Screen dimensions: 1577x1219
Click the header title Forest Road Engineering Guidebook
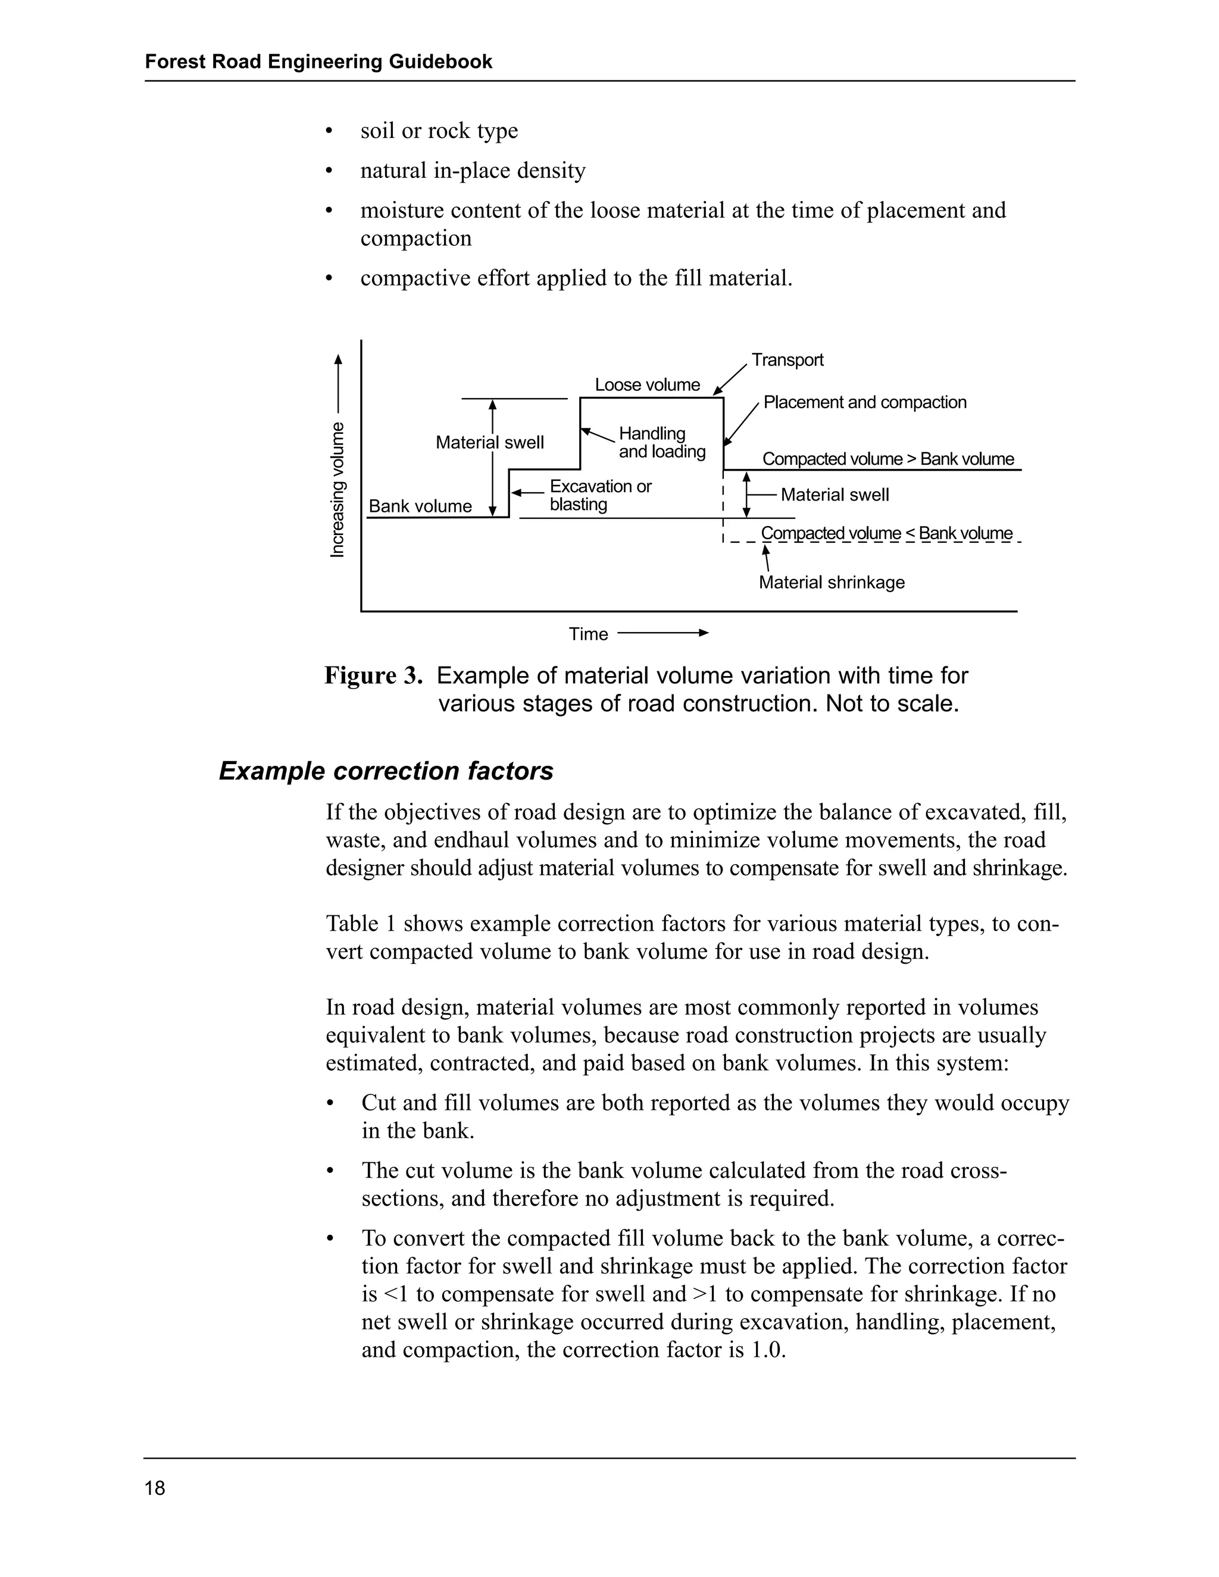point(318,61)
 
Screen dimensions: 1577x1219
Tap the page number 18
point(155,1488)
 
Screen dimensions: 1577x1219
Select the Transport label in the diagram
point(787,359)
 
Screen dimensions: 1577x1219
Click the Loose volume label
point(647,385)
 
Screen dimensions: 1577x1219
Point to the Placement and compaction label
point(864,402)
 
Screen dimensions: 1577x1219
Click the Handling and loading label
point(661,443)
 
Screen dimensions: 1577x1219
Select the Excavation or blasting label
point(600,495)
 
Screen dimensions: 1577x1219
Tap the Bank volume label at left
point(420,506)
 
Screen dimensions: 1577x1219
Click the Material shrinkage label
point(831,582)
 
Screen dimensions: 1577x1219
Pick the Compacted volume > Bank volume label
point(887,459)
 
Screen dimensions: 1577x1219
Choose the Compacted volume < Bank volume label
point(886,534)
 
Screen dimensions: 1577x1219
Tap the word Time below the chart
point(588,634)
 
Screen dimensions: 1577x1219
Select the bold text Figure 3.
point(373,676)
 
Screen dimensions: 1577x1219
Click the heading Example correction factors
point(386,771)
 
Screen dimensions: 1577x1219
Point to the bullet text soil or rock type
point(439,131)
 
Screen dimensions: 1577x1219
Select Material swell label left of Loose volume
point(490,443)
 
